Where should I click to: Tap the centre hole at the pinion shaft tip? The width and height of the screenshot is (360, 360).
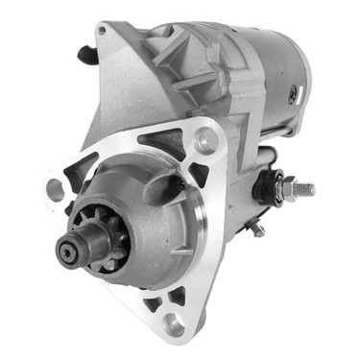point(67,252)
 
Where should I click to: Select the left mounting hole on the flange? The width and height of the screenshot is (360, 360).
point(56,189)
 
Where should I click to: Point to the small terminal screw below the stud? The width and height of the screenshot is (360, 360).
point(256,229)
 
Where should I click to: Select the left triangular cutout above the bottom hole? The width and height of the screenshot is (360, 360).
point(151,304)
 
